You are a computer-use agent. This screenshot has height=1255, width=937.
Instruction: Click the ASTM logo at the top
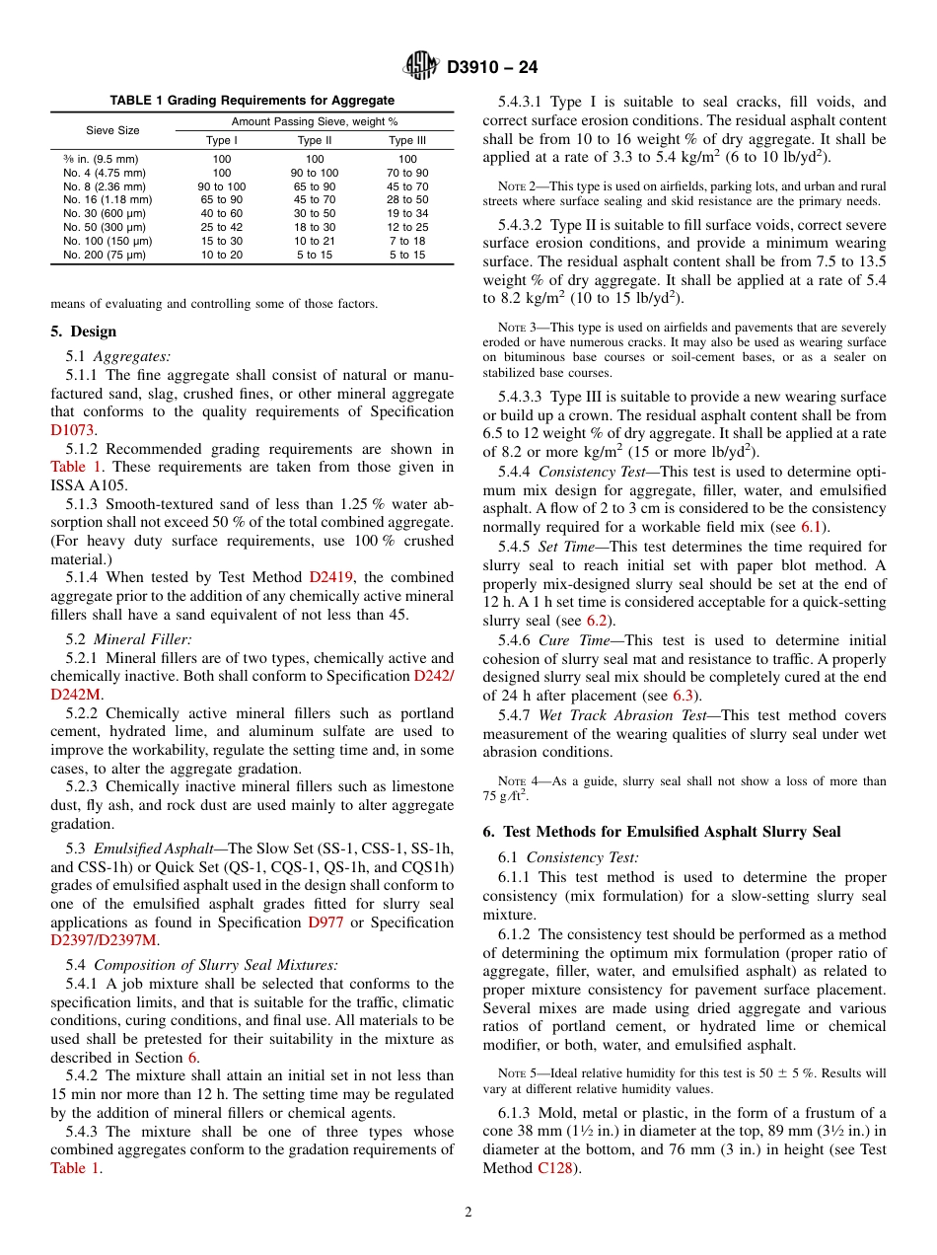coord(422,67)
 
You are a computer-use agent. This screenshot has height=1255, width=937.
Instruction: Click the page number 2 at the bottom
coord(468,1212)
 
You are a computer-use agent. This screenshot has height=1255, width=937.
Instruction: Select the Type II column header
coord(314,140)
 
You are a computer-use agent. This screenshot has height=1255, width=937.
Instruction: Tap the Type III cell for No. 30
coord(406,213)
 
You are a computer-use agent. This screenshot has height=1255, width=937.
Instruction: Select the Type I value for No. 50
coord(221,227)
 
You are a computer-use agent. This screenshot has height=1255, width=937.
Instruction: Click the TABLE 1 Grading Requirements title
coord(252,101)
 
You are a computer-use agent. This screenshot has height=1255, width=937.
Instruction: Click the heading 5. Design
coord(84,332)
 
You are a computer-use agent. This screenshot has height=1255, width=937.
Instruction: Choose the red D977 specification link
coord(326,922)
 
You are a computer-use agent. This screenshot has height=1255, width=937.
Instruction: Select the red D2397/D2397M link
coord(104,940)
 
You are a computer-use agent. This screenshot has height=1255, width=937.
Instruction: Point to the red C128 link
coord(556,1168)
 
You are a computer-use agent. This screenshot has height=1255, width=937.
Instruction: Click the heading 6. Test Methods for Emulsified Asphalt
coord(661,832)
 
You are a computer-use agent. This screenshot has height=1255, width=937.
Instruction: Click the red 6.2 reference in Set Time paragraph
coord(596,621)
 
